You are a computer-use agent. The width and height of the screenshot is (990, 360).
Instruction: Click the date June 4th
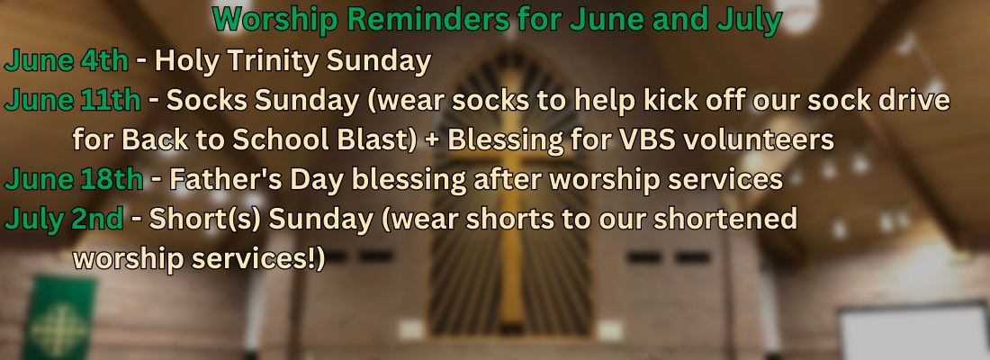67,60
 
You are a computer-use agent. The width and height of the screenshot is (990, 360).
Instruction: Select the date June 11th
73,100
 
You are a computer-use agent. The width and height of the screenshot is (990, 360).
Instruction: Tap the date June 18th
74,179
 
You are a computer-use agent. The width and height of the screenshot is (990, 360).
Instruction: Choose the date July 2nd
64,219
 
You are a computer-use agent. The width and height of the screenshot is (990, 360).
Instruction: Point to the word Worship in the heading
275,21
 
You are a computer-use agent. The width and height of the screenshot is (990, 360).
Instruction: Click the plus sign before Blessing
433,140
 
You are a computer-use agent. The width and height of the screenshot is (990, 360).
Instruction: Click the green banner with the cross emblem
59,317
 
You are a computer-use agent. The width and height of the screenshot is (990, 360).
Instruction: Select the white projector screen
913,332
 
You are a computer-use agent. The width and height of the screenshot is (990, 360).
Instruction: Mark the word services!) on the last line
262,259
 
